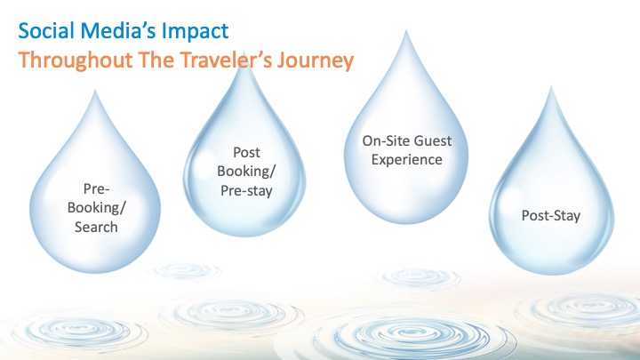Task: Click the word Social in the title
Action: point(46,31)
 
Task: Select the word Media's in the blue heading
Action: point(118,31)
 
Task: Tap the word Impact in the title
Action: point(195,32)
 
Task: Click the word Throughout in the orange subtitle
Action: point(76,60)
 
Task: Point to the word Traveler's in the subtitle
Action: point(225,60)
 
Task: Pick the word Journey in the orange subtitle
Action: point(315,60)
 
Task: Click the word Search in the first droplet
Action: point(96,227)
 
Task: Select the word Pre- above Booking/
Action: point(96,189)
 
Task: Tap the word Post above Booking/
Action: point(246,153)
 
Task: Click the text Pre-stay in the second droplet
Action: point(246,190)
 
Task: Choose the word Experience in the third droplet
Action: point(406,160)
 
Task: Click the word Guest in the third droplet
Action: point(430,140)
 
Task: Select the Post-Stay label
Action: point(550,215)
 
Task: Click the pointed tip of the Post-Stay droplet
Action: point(551,86)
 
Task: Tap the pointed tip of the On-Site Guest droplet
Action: point(405,30)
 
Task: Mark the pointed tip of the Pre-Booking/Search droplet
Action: point(95,91)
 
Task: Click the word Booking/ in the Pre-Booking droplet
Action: point(96,208)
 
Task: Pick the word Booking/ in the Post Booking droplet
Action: point(246,172)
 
